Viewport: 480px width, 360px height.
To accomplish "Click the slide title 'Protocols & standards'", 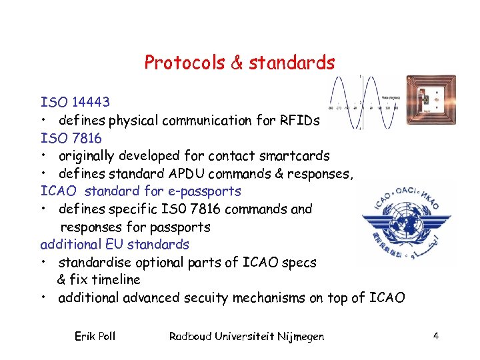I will coord(239,63).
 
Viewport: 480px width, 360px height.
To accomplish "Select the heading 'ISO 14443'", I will coord(75,103).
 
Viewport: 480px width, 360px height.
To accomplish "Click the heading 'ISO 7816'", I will coord(71,138).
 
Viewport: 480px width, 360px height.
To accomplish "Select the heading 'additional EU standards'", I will coord(115,244).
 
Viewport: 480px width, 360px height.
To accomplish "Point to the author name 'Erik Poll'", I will coord(95,336).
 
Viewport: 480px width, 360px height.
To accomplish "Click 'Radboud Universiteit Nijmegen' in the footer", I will coord(247,336).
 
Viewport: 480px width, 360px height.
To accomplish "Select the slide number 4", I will coord(435,336).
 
